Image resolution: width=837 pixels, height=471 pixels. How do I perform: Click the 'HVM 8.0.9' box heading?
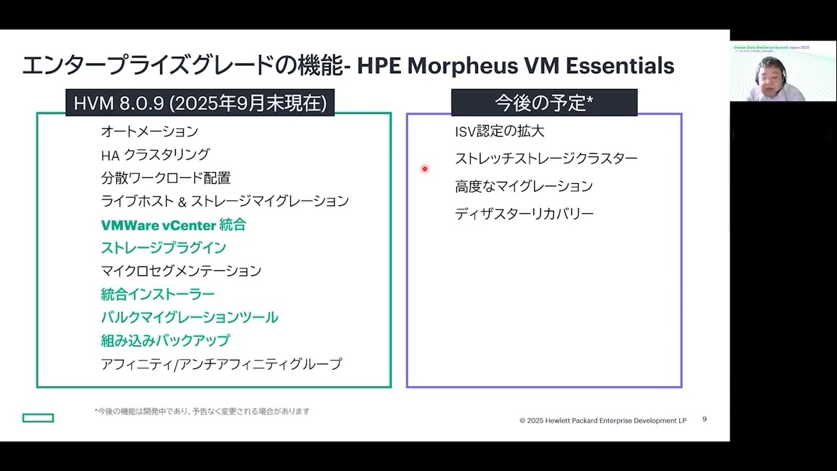pyautogui.click(x=200, y=103)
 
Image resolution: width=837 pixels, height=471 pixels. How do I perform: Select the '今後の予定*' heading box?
pyautogui.click(x=544, y=103)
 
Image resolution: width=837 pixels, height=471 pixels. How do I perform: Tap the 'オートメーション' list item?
pyautogui.click(x=149, y=131)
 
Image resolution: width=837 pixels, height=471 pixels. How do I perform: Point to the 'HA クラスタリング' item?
pyautogui.click(x=155, y=154)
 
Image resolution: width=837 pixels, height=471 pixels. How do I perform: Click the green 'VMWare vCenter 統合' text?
pyautogui.click(x=173, y=225)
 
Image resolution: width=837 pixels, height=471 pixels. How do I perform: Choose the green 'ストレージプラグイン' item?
pyautogui.click(x=163, y=248)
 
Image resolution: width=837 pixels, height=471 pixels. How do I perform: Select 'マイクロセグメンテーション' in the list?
pyautogui.click(x=181, y=271)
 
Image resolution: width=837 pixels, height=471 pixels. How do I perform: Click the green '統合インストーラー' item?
pyautogui.click(x=158, y=294)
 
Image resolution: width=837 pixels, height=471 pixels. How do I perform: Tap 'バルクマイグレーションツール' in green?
pyautogui.click(x=190, y=317)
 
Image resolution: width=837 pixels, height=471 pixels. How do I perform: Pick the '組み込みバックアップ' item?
pyautogui.click(x=165, y=341)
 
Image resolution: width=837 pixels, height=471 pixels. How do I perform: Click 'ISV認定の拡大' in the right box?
pyautogui.click(x=500, y=131)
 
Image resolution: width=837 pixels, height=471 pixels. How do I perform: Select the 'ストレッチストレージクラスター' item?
pyautogui.click(x=546, y=158)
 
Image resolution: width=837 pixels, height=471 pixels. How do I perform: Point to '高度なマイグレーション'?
pyautogui.click(x=524, y=186)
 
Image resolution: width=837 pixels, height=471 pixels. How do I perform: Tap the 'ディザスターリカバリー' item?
pyautogui.click(x=524, y=214)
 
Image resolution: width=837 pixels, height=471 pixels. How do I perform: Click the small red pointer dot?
pyautogui.click(x=424, y=169)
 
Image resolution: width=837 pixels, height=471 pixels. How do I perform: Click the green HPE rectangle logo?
pyautogui.click(x=38, y=418)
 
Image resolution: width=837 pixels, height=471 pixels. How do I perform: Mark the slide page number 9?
pyautogui.click(x=704, y=419)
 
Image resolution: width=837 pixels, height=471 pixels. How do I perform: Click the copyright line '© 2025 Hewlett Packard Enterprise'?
pyautogui.click(x=602, y=421)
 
